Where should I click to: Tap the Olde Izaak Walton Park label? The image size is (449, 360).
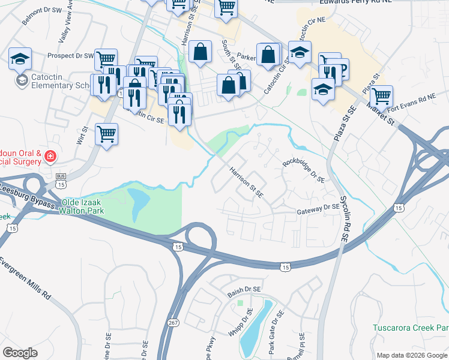pyautogui.click(x=82, y=207)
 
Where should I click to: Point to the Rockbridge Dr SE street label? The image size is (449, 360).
pyautogui.click(x=304, y=170)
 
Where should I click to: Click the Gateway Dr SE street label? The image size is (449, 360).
pyautogui.click(x=319, y=210)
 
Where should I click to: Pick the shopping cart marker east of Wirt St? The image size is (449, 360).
pyautogui.click(x=106, y=134)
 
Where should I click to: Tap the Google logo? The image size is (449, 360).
pyautogui.click(x=20, y=353)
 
